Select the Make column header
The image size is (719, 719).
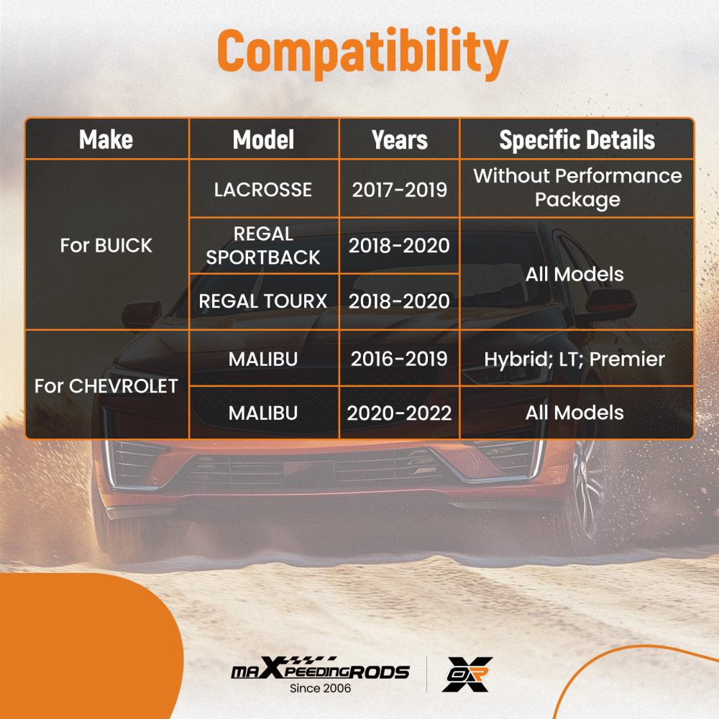tap(106, 139)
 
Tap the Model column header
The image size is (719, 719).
tap(263, 139)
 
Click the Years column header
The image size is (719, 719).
tap(399, 139)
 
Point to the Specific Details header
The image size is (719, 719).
tap(577, 139)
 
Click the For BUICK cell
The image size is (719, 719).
tap(106, 245)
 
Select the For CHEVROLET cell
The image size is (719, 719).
tap(106, 386)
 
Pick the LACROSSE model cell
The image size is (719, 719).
tap(263, 189)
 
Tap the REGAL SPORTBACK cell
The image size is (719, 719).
tap(263, 245)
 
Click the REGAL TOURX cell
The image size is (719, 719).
tap(263, 301)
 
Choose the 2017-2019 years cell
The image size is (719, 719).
tap(399, 189)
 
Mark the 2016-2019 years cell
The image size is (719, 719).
tap(399, 359)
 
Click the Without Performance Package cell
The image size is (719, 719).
tap(577, 188)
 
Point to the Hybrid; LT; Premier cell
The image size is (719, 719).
tap(574, 359)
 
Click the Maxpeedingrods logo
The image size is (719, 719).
tap(320, 669)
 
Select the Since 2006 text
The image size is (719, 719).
tap(320, 688)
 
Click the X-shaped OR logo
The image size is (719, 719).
tap(467, 674)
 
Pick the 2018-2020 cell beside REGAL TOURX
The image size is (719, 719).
tap(399, 301)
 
